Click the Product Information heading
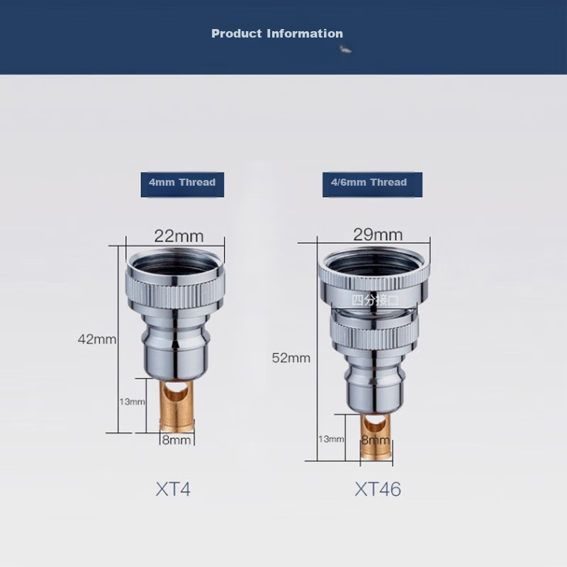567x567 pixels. (x=277, y=33)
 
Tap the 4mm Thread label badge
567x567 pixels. (x=182, y=184)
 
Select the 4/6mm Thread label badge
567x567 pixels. (x=372, y=184)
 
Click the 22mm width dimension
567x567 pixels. (x=179, y=236)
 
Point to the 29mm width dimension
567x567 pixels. (x=378, y=235)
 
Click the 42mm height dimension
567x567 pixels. (x=97, y=339)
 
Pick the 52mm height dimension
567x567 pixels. (x=291, y=358)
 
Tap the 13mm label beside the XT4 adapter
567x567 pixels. (x=132, y=402)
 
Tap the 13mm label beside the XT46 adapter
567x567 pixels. (x=331, y=439)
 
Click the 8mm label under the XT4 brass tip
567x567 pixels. (x=176, y=440)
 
